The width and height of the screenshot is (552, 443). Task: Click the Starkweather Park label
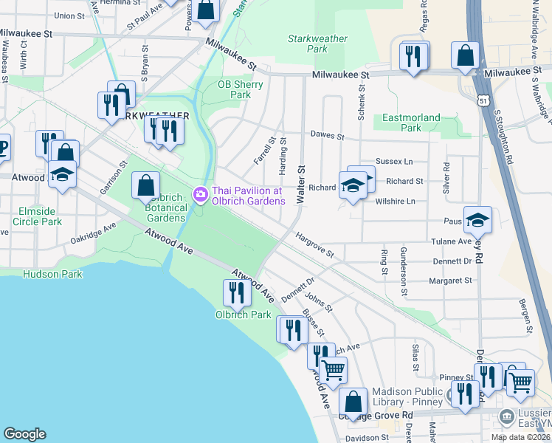307,43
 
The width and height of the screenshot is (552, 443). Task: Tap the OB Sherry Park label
235,89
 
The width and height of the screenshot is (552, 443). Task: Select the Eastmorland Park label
411,123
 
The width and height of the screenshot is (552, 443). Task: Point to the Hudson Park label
52,274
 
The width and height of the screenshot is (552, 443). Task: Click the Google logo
24,433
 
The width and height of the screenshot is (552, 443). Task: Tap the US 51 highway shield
482,100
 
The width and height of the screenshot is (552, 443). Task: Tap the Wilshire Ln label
395,201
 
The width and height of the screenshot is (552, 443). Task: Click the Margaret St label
449,281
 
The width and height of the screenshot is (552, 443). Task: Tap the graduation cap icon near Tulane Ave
477,219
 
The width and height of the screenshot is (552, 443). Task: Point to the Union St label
69,15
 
